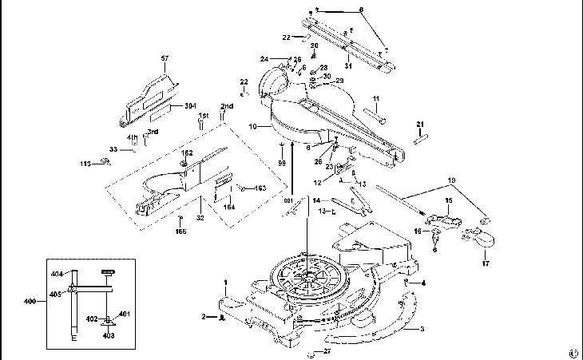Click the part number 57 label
[x=165, y=58]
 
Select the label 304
[x=190, y=106]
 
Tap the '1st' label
[x=203, y=116]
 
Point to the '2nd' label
[x=227, y=106]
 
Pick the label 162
[x=187, y=152]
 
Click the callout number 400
[x=30, y=302]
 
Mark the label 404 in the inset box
[x=57, y=274]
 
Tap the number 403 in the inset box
[x=109, y=335]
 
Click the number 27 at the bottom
[x=326, y=350]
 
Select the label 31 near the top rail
[x=348, y=65]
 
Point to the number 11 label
[x=375, y=99]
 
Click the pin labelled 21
[x=418, y=136]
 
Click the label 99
[x=281, y=163]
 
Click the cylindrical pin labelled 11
[x=375, y=114]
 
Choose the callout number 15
[x=449, y=200]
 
